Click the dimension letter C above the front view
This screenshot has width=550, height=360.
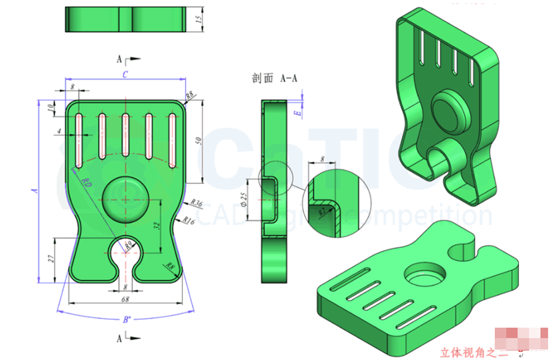[125, 74]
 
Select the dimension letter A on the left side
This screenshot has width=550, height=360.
[34, 190]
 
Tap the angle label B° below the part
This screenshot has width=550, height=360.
[127, 320]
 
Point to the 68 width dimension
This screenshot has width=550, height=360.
[126, 299]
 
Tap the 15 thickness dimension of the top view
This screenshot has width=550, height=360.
[199, 19]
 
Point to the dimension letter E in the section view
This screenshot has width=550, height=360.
[297, 113]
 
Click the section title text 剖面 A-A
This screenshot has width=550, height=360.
[275, 78]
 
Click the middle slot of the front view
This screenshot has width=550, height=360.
[126, 135]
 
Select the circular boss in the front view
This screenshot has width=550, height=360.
[126, 199]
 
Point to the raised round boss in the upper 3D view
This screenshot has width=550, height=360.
[450, 110]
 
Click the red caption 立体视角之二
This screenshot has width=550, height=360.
[473, 352]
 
